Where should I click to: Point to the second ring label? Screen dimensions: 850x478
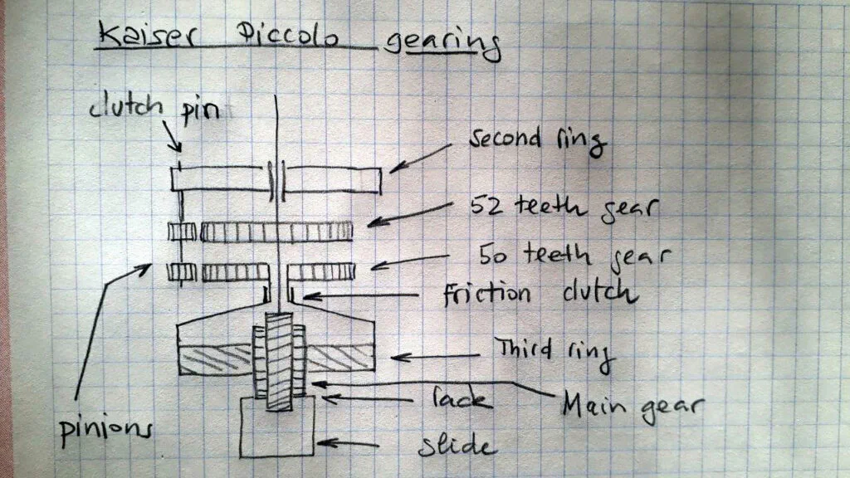pos(538,140)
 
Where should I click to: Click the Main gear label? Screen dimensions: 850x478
pos(633,407)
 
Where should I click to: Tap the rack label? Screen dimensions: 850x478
pos(462,399)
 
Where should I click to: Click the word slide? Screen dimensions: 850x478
pos(457,446)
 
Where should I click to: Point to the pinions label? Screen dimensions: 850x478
pos(106,431)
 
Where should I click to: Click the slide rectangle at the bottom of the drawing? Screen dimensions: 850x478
pos(277,456)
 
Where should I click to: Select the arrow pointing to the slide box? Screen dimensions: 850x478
pos(348,444)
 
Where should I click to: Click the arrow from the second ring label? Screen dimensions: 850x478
pos(420,158)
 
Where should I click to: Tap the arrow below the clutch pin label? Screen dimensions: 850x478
pos(172,137)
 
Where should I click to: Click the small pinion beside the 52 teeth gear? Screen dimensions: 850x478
pos(182,232)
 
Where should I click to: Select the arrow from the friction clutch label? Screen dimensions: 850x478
pos(360,296)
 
